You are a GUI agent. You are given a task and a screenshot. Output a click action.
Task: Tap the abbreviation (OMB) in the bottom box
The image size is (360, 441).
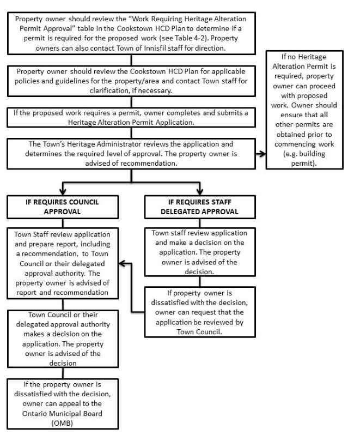(x=62, y=423)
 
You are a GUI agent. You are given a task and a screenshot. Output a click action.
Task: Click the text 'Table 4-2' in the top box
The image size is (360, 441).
(x=187, y=38)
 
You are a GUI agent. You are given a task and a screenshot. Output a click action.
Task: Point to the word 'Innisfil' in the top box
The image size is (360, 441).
(x=155, y=48)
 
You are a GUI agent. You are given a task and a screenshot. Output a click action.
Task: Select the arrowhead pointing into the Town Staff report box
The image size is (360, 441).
(x=122, y=263)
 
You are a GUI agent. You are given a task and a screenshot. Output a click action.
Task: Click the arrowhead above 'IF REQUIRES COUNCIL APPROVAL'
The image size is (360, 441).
(x=63, y=192)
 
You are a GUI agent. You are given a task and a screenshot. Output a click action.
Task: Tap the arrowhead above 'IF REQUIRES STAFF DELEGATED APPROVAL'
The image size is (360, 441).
(x=200, y=192)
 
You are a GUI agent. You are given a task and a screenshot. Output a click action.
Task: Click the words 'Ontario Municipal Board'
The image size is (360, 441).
(x=62, y=413)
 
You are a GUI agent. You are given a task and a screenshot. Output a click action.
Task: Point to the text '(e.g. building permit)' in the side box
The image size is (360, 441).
(x=304, y=158)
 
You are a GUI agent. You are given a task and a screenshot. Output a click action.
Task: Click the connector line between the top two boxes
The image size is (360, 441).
(x=131, y=60)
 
